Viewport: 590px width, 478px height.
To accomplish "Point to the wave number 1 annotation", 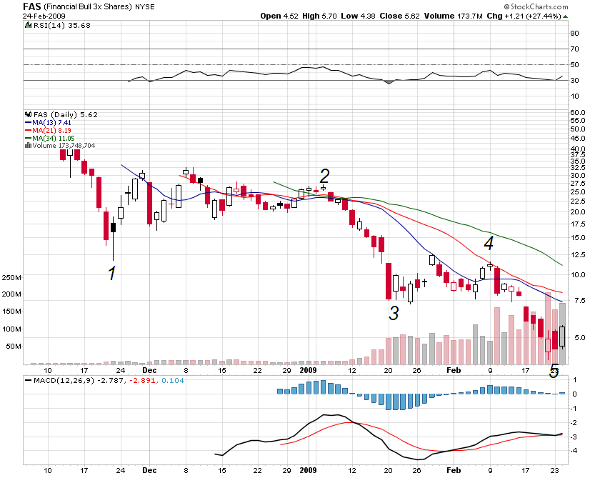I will click(x=111, y=273).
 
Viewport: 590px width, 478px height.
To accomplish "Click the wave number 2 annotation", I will click(x=324, y=176).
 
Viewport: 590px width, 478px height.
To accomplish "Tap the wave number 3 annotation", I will click(x=394, y=312).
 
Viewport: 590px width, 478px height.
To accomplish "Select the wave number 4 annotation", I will click(x=489, y=244).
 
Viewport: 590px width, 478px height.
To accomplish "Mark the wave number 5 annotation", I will click(x=554, y=371).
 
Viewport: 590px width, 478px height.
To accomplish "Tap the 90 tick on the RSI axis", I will click(x=574, y=33).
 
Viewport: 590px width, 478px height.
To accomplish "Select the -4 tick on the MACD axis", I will click(x=573, y=450).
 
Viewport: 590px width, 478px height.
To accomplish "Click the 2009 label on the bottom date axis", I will click(x=308, y=371).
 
